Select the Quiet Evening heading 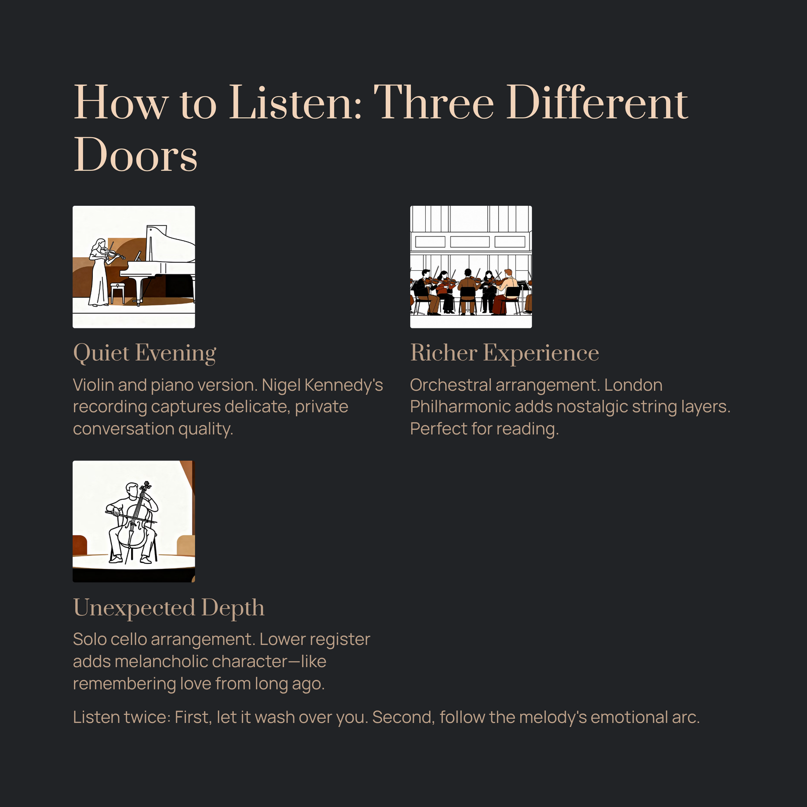145,353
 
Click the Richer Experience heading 504,353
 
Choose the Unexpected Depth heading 169,608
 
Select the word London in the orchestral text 633,385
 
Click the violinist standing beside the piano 99,272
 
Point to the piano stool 118,293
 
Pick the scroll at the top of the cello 146,486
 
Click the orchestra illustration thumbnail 471,267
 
